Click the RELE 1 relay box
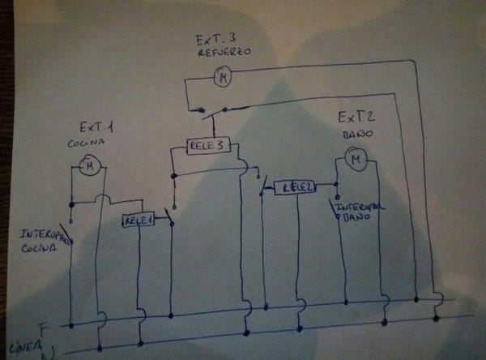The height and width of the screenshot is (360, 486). (x=139, y=220)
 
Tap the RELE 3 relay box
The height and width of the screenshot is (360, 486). (x=207, y=145)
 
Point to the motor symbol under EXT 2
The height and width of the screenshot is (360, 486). (x=354, y=161)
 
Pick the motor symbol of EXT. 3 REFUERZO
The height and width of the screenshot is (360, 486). (x=223, y=78)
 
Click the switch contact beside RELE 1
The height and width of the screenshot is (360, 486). (x=168, y=218)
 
